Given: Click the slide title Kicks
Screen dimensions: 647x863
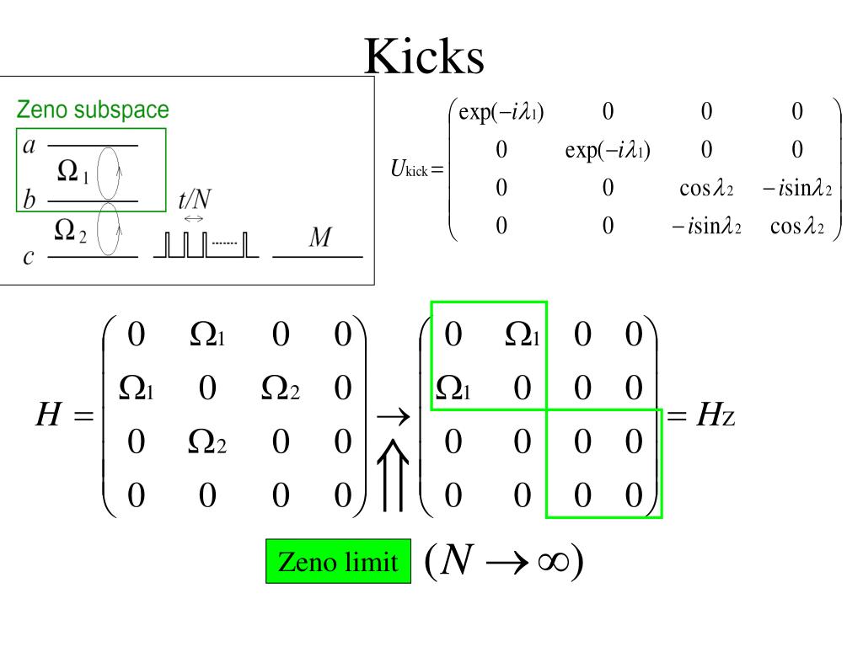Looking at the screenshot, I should pyautogui.click(x=426, y=57).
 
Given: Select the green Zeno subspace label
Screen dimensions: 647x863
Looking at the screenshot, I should pyautogui.click(x=93, y=110).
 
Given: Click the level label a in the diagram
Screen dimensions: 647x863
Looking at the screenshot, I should pyautogui.click(x=29, y=146).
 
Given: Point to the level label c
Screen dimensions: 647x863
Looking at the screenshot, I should pyautogui.click(x=29, y=257).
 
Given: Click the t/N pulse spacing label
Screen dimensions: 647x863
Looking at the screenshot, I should pyautogui.click(x=195, y=199).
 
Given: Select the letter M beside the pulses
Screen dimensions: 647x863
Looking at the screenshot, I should pyautogui.click(x=319, y=238).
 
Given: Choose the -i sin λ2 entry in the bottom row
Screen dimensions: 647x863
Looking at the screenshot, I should pyautogui.click(x=706, y=227).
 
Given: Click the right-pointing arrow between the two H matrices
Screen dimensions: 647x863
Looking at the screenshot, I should pyautogui.click(x=392, y=415).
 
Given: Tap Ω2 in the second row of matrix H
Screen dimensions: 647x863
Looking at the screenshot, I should pyautogui.click(x=280, y=388).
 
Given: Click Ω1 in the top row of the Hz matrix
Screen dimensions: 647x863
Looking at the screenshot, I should pyautogui.click(x=523, y=336).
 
